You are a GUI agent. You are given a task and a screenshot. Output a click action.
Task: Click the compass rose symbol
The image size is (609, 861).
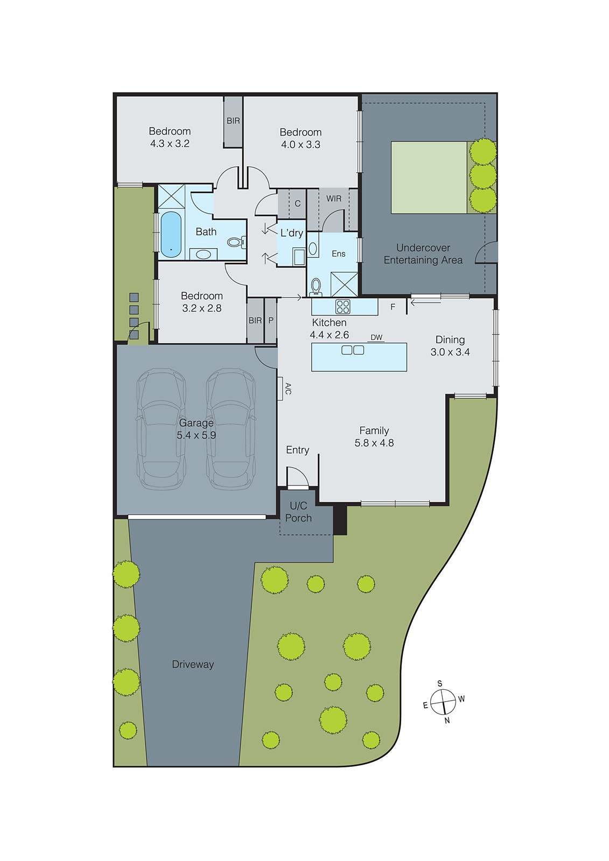[x=443, y=703]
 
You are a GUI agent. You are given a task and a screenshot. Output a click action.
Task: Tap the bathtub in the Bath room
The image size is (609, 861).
[x=171, y=234]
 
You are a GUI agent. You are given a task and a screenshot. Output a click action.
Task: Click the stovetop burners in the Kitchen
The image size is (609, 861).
[x=342, y=307]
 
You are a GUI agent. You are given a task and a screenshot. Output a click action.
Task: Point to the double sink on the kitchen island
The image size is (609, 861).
[x=353, y=350]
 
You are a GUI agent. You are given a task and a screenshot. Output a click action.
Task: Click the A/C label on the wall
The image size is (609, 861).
[x=288, y=389]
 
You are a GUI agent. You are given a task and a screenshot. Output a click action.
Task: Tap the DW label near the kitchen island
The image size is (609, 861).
[x=376, y=337]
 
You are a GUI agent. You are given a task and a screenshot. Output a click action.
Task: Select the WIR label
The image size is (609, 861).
[x=334, y=199]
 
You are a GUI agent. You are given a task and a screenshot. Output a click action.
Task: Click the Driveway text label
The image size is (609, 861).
[x=193, y=665]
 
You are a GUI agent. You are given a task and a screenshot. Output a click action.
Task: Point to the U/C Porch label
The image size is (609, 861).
[x=298, y=512]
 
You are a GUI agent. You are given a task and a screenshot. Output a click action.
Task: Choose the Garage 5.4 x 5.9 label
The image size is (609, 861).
[x=197, y=429]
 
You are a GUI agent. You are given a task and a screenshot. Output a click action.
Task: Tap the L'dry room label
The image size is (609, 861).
[x=292, y=233]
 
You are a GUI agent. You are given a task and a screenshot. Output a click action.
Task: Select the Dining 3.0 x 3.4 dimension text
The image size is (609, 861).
[x=450, y=352]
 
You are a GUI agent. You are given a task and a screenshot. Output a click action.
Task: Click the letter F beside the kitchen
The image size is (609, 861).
[x=393, y=307]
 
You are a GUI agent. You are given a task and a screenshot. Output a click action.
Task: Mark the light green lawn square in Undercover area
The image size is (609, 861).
[x=429, y=178]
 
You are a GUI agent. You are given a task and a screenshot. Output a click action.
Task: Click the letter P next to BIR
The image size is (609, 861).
[x=271, y=320]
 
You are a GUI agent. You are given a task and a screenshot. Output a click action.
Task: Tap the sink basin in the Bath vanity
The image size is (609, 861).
[x=203, y=254]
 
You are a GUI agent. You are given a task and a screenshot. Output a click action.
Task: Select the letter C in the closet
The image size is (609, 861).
[x=297, y=203]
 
